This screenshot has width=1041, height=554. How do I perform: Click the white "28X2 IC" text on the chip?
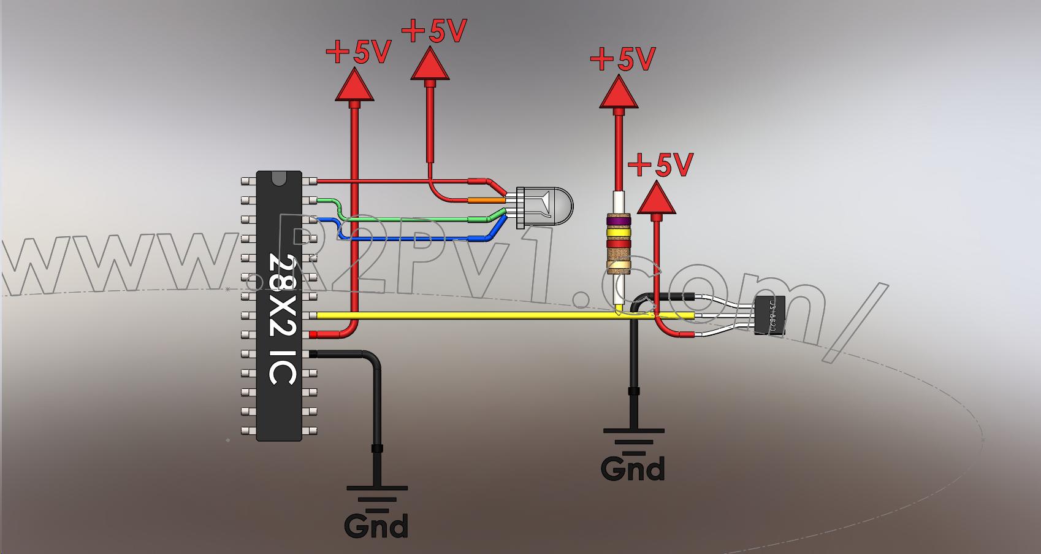[283, 319]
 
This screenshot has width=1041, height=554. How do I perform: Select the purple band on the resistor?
[619, 220]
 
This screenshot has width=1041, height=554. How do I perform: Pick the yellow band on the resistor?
[619, 233]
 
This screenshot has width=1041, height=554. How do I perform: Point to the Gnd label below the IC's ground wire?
[376, 526]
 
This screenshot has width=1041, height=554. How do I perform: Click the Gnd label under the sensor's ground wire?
[633, 469]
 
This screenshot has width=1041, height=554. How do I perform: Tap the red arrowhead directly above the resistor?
[619, 92]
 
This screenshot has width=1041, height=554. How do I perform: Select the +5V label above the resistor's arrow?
[623, 60]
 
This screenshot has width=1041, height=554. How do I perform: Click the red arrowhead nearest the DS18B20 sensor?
[657, 198]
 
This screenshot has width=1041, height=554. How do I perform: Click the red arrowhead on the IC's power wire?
[354, 85]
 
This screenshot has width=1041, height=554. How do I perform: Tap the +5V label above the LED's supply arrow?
[435, 31]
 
